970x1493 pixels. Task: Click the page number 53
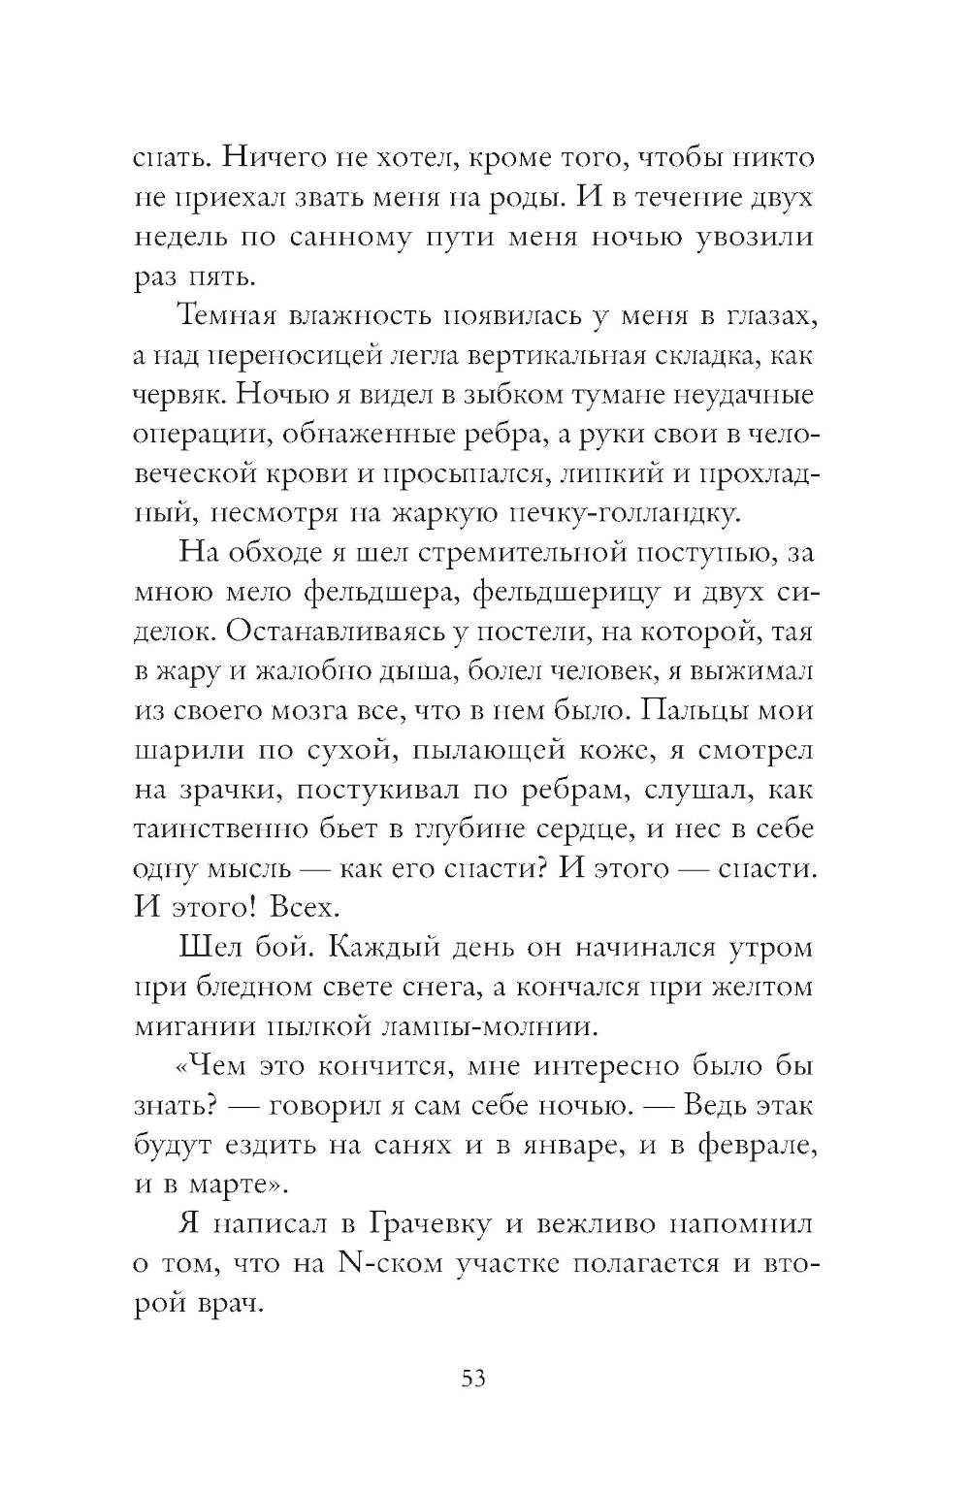pyautogui.click(x=472, y=1379)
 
